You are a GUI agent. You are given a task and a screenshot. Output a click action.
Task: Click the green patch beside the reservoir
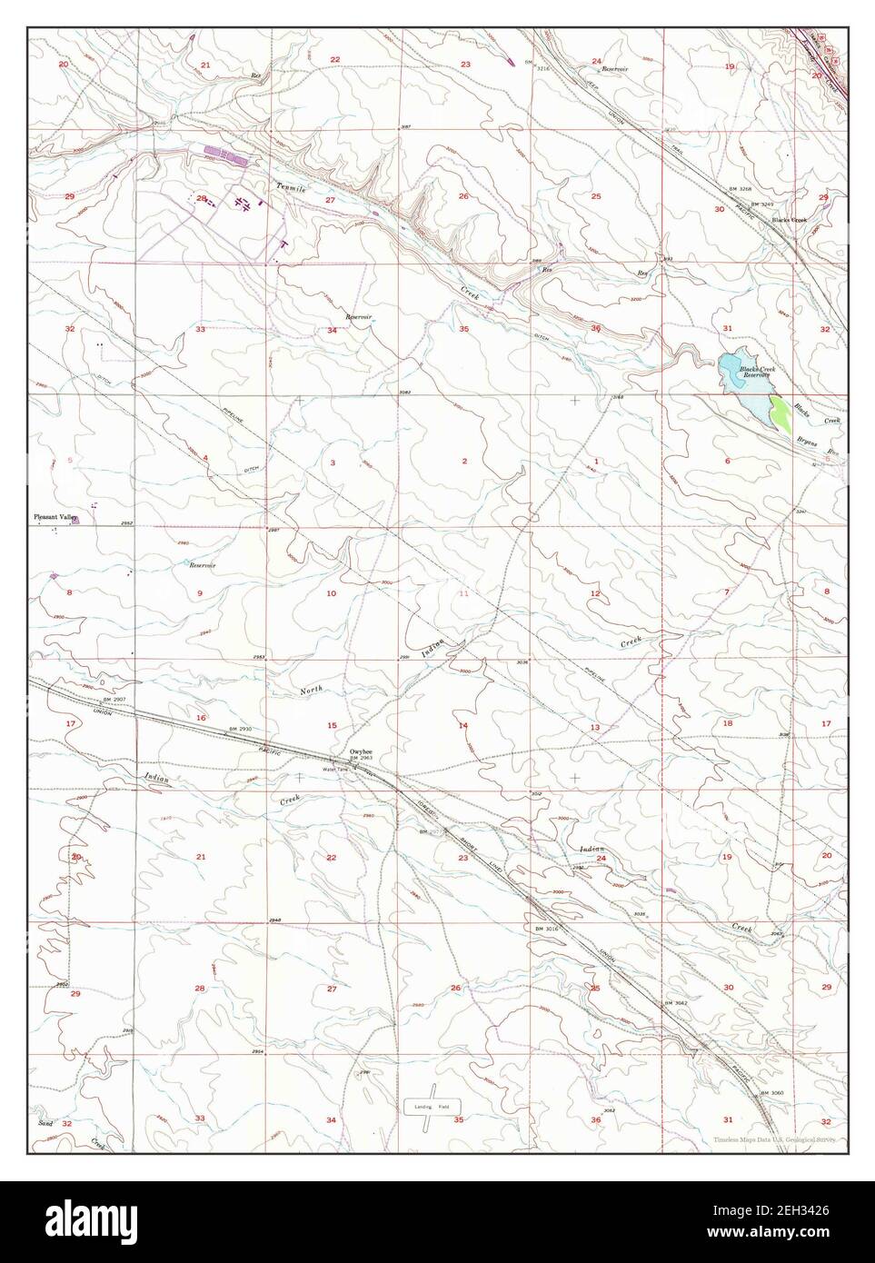tap(779, 413)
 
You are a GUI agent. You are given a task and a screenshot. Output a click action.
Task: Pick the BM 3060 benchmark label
tap(771, 1092)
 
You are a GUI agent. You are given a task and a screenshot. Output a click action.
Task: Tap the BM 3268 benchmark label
tap(741, 189)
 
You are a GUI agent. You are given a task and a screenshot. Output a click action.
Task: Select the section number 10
tap(332, 593)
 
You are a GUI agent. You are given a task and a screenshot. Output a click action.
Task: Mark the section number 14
tap(462, 725)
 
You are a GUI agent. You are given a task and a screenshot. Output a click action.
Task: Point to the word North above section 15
tap(311, 691)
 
